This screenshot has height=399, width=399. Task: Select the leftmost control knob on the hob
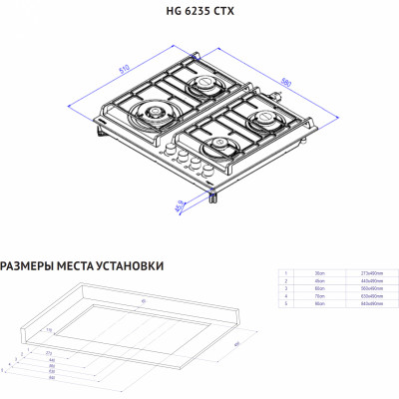point(166,150)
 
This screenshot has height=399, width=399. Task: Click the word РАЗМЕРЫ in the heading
point(27,265)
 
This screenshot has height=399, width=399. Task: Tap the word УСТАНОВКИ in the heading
point(127,265)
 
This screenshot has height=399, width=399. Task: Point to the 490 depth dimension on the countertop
point(235,344)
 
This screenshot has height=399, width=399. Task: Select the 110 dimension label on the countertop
point(48,328)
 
